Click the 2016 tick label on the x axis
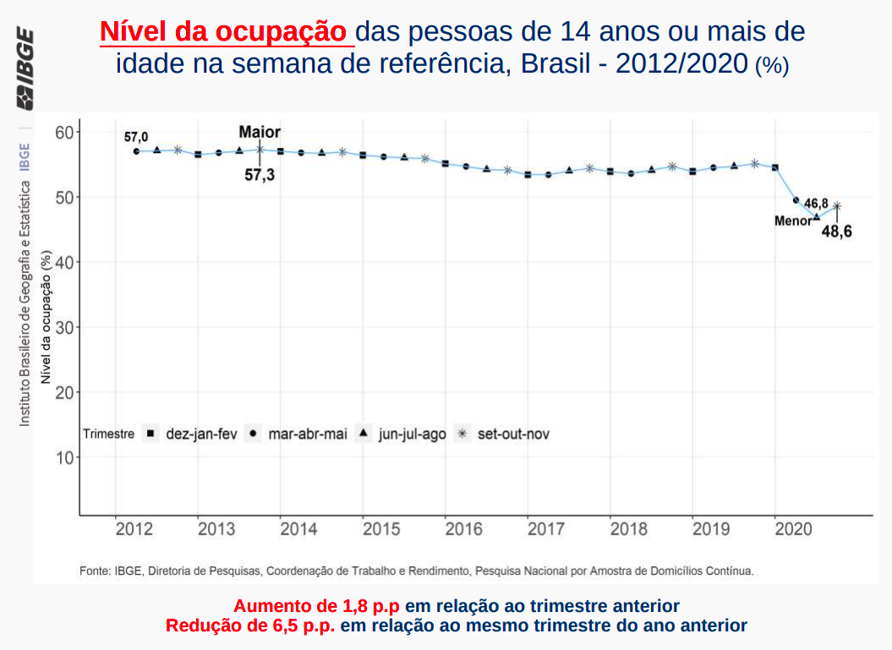pyautogui.click(x=463, y=529)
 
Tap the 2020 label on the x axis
pyautogui.click(x=794, y=529)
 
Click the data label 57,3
pyautogui.click(x=260, y=176)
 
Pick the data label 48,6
pyautogui.click(x=836, y=231)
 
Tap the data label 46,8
pyautogui.click(x=816, y=204)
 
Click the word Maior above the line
pyautogui.click(x=260, y=132)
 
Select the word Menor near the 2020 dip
pyautogui.click(x=792, y=221)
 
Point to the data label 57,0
pyautogui.click(x=136, y=137)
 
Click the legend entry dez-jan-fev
pyautogui.click(x=201, y=434)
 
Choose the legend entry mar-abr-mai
pyautogui.click(x=308, y=434)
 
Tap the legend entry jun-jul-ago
pyautogui.click(x=412, y=434)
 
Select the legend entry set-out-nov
pyautogui.click(x=513, y=434)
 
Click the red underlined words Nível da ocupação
pyautogui.click(x=225, y=32)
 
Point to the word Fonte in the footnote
pyautogui.click(x=94, y=571)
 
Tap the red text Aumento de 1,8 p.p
pyautogui.click(x=317, y=606)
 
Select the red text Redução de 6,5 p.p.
pyautogui.click(x=250, y=625)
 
